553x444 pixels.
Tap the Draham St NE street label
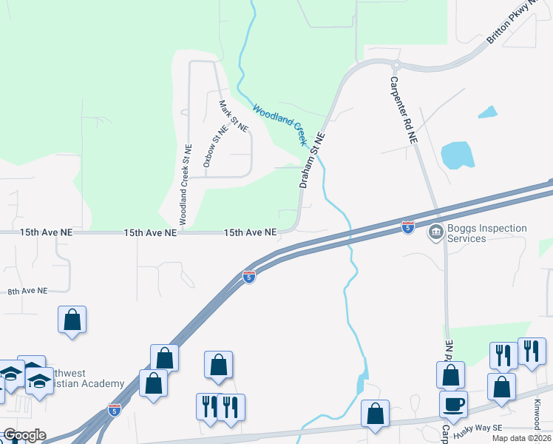tap(311, 161)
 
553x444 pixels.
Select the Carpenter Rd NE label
tap(403, 110)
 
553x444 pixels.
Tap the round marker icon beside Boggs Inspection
tap(435, 233)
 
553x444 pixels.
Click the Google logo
tap(24, 435)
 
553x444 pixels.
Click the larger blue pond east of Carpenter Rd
tap(457, 155)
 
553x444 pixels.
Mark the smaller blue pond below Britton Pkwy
tap(488, 112)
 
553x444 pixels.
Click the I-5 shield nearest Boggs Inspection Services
tap(408, 226)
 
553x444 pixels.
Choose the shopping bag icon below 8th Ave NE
tap(72, 320)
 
